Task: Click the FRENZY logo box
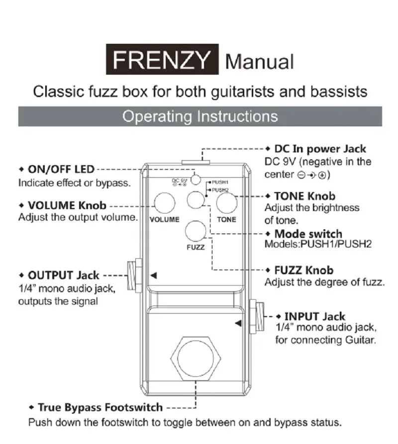click(162, 60)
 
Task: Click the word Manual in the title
click(259, 62)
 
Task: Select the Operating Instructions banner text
click(200, 116)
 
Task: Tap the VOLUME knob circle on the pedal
click(164, 203)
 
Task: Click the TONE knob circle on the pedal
click(226, 203)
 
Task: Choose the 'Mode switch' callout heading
click(308, 234)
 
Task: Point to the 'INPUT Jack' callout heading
click(314, 316)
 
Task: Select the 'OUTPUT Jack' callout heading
click(63, 275)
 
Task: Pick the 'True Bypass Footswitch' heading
click(100, 408)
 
